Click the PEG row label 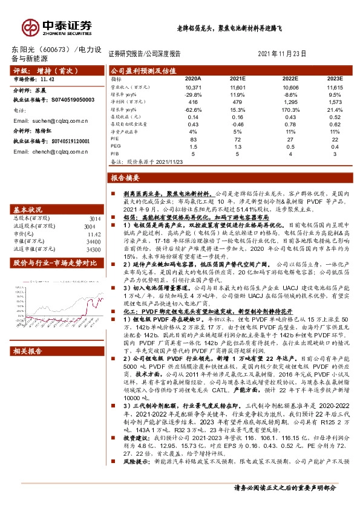116,146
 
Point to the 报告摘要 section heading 125,178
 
